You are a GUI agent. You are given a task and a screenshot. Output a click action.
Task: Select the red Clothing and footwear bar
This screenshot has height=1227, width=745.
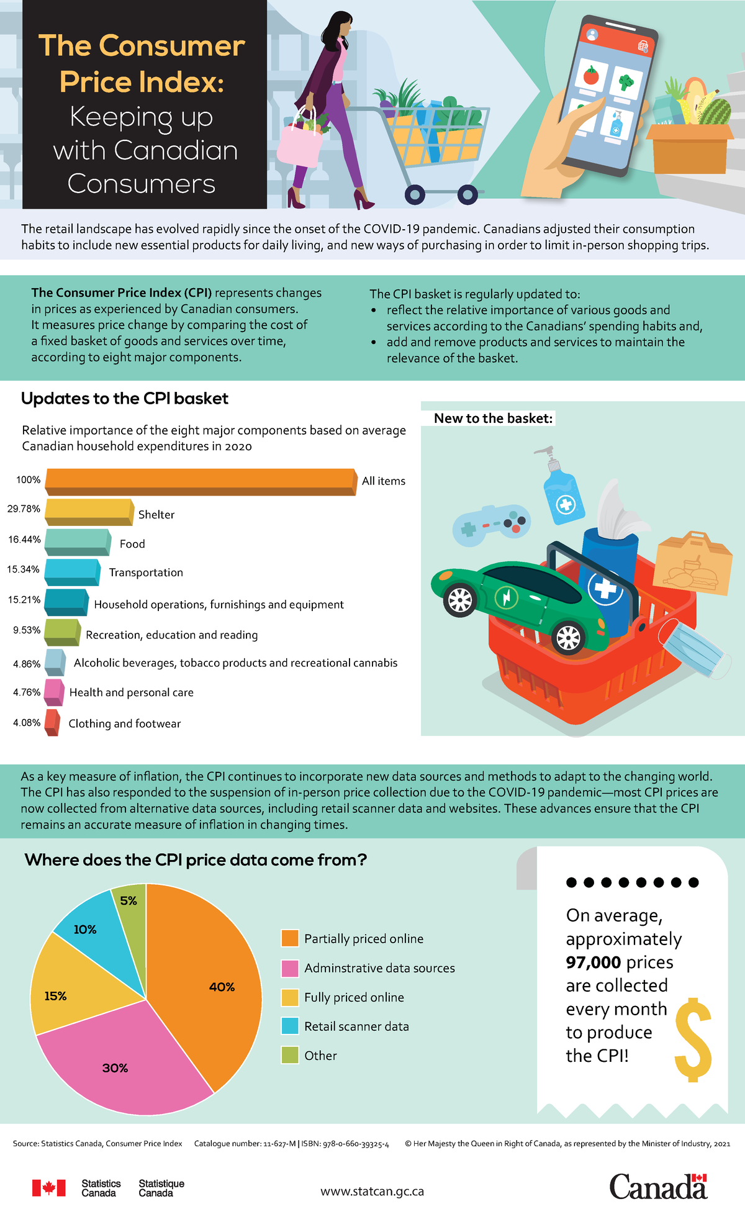pyautogui.click(x=52, y=722)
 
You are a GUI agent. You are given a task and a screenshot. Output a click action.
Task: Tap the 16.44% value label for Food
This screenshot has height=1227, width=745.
pyautogui.click(x=24, y=539)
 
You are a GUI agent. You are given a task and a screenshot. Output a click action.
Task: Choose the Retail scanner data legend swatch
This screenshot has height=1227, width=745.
pyautogui.click(x=290, y=1026)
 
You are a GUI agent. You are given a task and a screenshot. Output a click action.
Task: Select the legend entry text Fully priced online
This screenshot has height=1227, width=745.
pyautogui.click(x=354, y=997)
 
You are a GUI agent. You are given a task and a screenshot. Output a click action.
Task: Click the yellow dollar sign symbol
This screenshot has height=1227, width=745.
pyautogui.click(x=693, y=1040)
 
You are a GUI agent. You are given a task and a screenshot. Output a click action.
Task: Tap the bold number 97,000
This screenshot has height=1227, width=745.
pyautogui.click(x=593, y=962)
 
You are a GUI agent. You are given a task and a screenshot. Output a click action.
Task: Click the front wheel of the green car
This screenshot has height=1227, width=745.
pyautogui.click(x=460, y=599)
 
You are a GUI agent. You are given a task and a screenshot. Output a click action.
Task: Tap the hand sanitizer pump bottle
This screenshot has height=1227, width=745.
pyautogui.click(x=562, y=491)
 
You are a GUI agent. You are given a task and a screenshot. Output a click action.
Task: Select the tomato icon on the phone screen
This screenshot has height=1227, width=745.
pyautogui.click(x=591, y=76)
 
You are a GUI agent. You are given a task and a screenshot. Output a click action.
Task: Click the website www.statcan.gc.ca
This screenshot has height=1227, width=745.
pyautogui.click(x=372, y=1192)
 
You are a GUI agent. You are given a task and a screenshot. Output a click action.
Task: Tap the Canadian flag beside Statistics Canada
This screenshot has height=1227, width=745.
pyautogui.click(x=48, y=1188)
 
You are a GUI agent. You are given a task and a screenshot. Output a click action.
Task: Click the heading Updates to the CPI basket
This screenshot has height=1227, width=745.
pyautogui.click(x=125, y=399)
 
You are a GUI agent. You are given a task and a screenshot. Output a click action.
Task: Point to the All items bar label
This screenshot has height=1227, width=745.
pyautogui.click(x=383, y=481)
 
